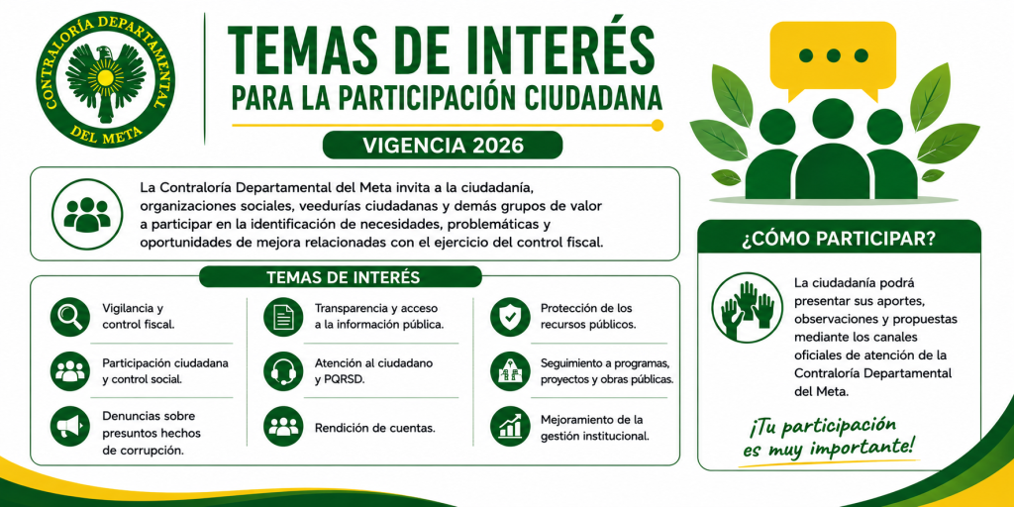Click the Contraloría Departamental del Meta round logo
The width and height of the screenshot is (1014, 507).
pos(105,79)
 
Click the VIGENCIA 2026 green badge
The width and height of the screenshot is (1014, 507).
pos(443,145)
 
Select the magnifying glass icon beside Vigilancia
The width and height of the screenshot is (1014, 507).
pos(70,317)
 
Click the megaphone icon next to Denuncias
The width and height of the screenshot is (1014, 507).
pos(70,426)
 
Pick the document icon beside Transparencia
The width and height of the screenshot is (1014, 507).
pos(283,317)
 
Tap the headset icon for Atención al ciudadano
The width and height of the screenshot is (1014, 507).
pos(283,371)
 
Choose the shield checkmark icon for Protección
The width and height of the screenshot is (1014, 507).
pos(510,317)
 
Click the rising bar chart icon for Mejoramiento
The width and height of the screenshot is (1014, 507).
pos(510,426)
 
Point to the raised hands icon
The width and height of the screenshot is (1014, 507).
pos(747,307)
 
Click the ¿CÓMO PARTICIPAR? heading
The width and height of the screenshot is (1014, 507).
pos(840,238)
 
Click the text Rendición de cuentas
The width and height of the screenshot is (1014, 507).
pos(374,428)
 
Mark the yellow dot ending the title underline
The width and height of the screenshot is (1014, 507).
pos(658,126)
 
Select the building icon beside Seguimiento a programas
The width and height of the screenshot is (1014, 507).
pos(510,371)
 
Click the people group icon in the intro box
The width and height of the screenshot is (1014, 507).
pos(87,214)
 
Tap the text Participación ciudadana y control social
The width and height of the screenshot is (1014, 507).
pos(165,371)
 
